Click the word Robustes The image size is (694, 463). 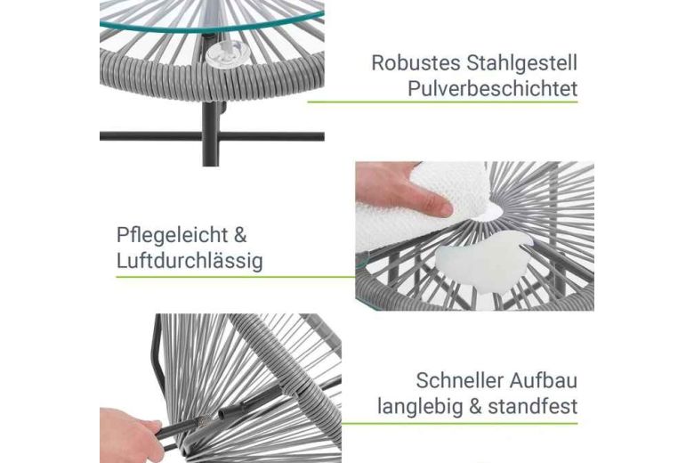[416, 63]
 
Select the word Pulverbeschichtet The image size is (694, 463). [492, 89]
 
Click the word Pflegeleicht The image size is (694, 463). [173, 235]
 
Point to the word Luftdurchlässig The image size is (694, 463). [190, 261]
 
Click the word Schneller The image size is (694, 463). [459, 380]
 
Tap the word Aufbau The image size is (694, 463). [544, 380]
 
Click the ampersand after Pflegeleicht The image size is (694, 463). [240, 235]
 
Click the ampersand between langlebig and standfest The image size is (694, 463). [475, 406]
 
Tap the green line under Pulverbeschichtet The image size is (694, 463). [442, 102]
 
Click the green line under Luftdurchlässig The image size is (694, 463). [236, 278]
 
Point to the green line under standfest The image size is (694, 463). [459, 423]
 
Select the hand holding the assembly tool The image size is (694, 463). [129, 435]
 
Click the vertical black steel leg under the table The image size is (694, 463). [211, 134]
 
